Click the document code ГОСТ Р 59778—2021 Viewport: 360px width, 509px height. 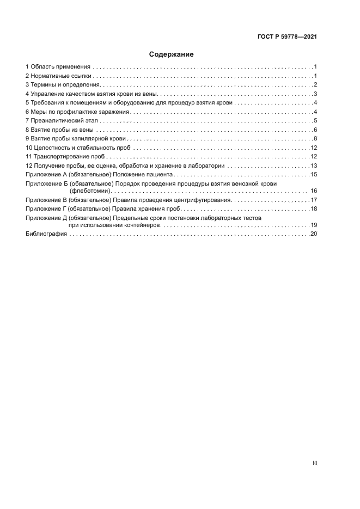(x=287, y=37)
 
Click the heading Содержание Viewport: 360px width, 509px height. (x=172, y=54)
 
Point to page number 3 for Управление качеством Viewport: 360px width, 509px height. (x=315, y=94)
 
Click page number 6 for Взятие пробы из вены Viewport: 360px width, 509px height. (x=315, y=130)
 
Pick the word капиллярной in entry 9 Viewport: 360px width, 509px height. (x=90, y=139)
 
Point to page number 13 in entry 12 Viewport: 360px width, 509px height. (x=314, y=166)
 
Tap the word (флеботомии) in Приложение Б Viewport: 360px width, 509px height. (x=90, y=191)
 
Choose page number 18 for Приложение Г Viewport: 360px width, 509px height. (x=314, y=209)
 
